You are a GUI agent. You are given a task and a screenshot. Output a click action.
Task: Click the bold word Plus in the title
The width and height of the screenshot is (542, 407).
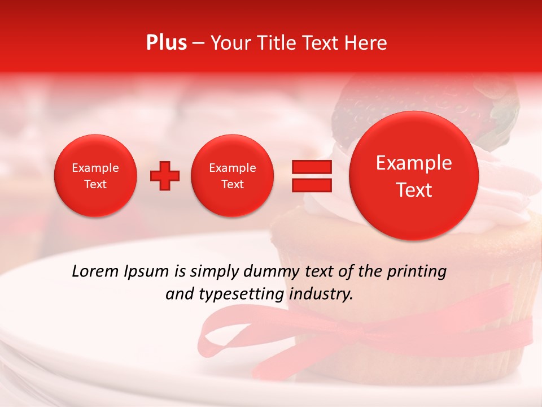pos(166,43)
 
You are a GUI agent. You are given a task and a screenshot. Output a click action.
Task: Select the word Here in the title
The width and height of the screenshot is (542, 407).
pos(365,43)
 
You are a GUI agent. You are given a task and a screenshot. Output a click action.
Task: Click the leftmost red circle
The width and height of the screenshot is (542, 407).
pos(95,176)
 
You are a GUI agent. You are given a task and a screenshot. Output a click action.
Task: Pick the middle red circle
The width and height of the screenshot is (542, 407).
pos(232,176)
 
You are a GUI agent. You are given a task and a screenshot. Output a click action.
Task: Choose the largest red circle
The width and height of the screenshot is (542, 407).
pos(414,176)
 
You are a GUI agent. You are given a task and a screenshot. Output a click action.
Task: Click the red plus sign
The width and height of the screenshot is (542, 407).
pos(164,176)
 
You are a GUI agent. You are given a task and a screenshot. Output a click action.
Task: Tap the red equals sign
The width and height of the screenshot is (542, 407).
pos(311,176)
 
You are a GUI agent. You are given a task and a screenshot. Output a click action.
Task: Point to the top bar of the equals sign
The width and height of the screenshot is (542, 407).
pos(311,167)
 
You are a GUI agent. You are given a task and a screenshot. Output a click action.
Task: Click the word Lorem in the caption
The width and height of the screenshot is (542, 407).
pos(95,272)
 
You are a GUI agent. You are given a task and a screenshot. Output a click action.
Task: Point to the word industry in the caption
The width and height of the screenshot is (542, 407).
pos(322,295)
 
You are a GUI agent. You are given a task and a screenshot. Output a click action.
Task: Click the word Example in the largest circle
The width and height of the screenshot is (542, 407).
pos(414,163)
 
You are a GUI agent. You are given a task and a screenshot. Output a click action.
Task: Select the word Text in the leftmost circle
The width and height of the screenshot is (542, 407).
pos(95,184)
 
